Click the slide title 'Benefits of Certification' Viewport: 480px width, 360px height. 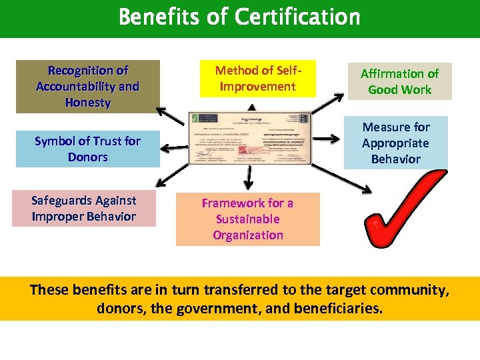click(x=239, y=17)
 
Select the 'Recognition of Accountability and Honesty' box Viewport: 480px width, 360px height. click(x=88, y=87)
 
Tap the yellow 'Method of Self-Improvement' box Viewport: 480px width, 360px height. click(x=255, y=79)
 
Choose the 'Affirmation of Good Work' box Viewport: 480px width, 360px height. click(x=399, y=81)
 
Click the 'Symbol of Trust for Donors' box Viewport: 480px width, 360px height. click(x=88, y=149)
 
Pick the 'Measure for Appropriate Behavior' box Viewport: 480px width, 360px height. click(x=395, y=143)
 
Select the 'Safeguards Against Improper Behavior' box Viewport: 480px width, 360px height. click(x=84, y=209)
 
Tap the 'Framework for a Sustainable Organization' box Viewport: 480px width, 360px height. click(x=248, y=219)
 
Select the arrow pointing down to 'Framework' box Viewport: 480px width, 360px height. click(x=249, y=177)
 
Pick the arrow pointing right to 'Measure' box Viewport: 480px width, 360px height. click(x=326, y=139)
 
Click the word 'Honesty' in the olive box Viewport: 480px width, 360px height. click(x=88, y=103)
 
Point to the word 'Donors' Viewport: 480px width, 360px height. click(x=87, y=157)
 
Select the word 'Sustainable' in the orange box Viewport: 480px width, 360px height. click(x=247, y=219)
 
